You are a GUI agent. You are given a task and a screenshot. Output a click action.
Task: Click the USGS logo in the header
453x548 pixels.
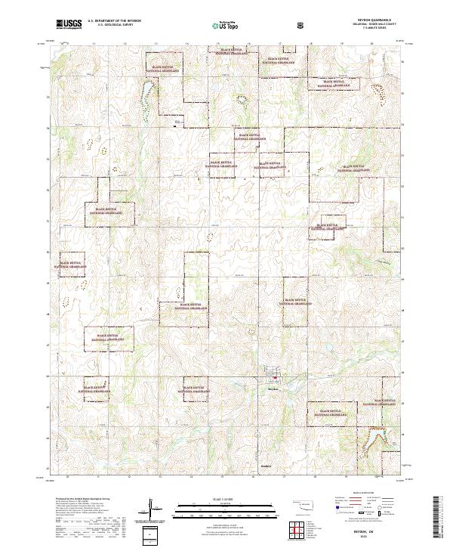tap(69, 24)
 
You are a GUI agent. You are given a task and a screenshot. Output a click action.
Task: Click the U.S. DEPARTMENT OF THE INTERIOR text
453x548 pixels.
tap(115, 21)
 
